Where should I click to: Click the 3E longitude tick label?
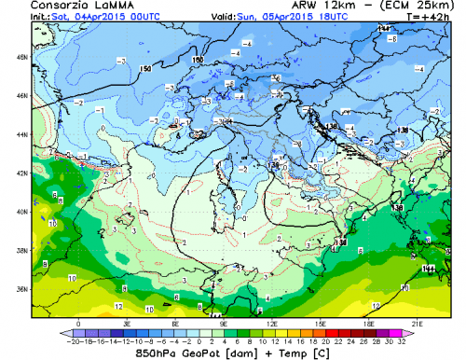[127, 323]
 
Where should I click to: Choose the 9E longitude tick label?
[224, 323]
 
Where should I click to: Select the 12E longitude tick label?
[273, 323]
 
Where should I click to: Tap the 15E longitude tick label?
[322, 323]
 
